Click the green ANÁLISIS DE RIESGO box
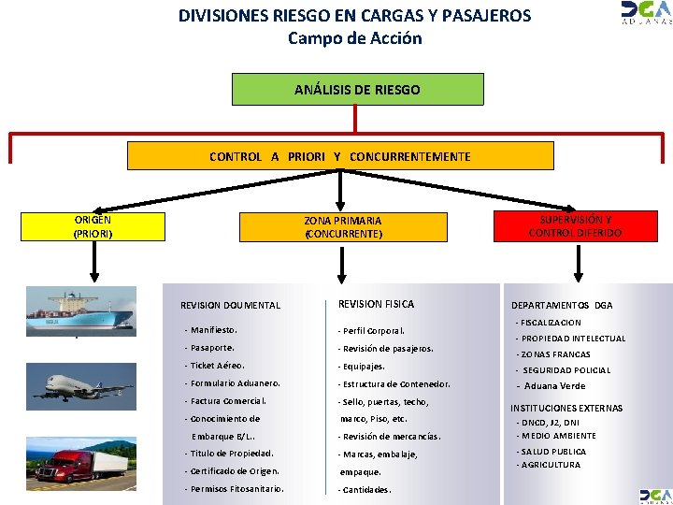click(357, 90)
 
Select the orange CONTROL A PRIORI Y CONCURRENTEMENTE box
click(340, 156)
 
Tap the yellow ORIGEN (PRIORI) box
click(93, 227)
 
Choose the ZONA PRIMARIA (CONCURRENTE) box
click(343, 227)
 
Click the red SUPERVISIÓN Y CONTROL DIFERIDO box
click(575, 226)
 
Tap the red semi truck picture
click(82, 463)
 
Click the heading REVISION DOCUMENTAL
click(230, 306)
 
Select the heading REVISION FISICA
click(376, 304)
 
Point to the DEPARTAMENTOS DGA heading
click(562, 305)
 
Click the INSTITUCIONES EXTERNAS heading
click(566, 408)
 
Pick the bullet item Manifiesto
click(213, 330)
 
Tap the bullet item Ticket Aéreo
click(217, 366)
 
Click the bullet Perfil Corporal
click(372, 331)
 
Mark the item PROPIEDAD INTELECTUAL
click(572, 339)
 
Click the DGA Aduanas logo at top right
click(646, 12)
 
